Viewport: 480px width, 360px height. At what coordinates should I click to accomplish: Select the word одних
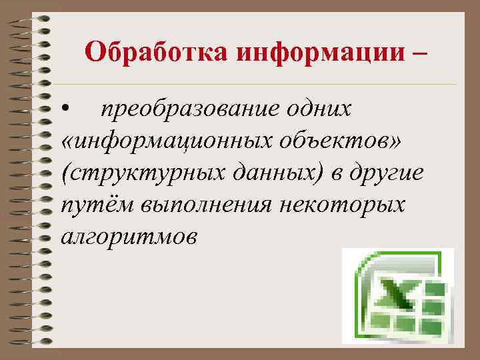pyautogui.click(x=323, y=108)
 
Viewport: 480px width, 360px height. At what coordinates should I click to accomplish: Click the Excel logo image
pyautogui.click(x=397, y=296)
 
